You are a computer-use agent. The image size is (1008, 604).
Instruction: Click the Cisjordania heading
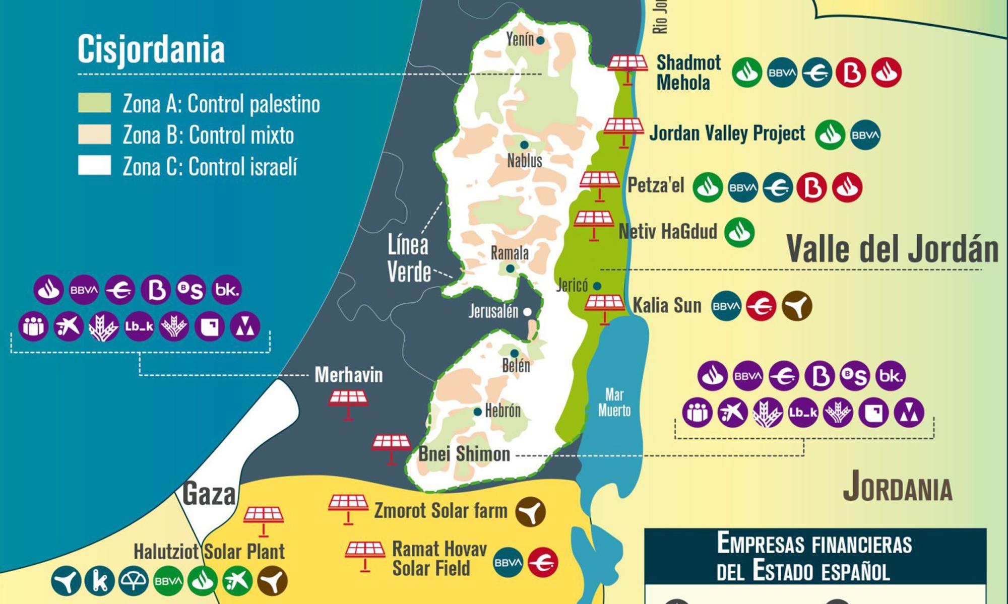pos(151,49)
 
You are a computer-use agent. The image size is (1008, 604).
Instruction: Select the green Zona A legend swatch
pos(94,103)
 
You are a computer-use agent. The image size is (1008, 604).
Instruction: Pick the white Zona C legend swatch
pos(94,165)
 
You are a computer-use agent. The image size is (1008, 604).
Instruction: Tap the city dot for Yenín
pos(540,40)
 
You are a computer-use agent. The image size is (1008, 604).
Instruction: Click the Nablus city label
pos(524,161)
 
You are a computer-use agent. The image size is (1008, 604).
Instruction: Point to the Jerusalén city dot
pos(527,312)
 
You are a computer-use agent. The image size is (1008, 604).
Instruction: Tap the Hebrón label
pos(502,411)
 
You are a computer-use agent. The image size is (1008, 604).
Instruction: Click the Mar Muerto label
pos(614,402)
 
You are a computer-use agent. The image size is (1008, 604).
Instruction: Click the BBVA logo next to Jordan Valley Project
pos(865,135)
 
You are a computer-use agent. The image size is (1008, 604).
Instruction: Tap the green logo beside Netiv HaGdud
pos(739,232)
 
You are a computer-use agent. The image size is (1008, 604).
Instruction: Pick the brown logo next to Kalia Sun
pos(797,306)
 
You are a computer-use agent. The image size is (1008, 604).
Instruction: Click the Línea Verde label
pos(409,258)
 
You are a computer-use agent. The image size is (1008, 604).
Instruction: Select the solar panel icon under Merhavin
pos(348,403)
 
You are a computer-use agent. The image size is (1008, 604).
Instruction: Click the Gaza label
pos(209,494)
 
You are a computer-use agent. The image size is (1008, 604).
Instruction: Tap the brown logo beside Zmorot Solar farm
pos(530,512)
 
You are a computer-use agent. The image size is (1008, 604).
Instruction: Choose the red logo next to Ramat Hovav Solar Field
pos(543,562)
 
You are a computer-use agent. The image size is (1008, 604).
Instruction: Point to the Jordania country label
pos(898,487)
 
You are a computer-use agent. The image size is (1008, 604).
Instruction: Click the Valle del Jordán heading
pos(892,249)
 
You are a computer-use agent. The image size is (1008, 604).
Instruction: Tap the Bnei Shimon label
pos(464,454)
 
